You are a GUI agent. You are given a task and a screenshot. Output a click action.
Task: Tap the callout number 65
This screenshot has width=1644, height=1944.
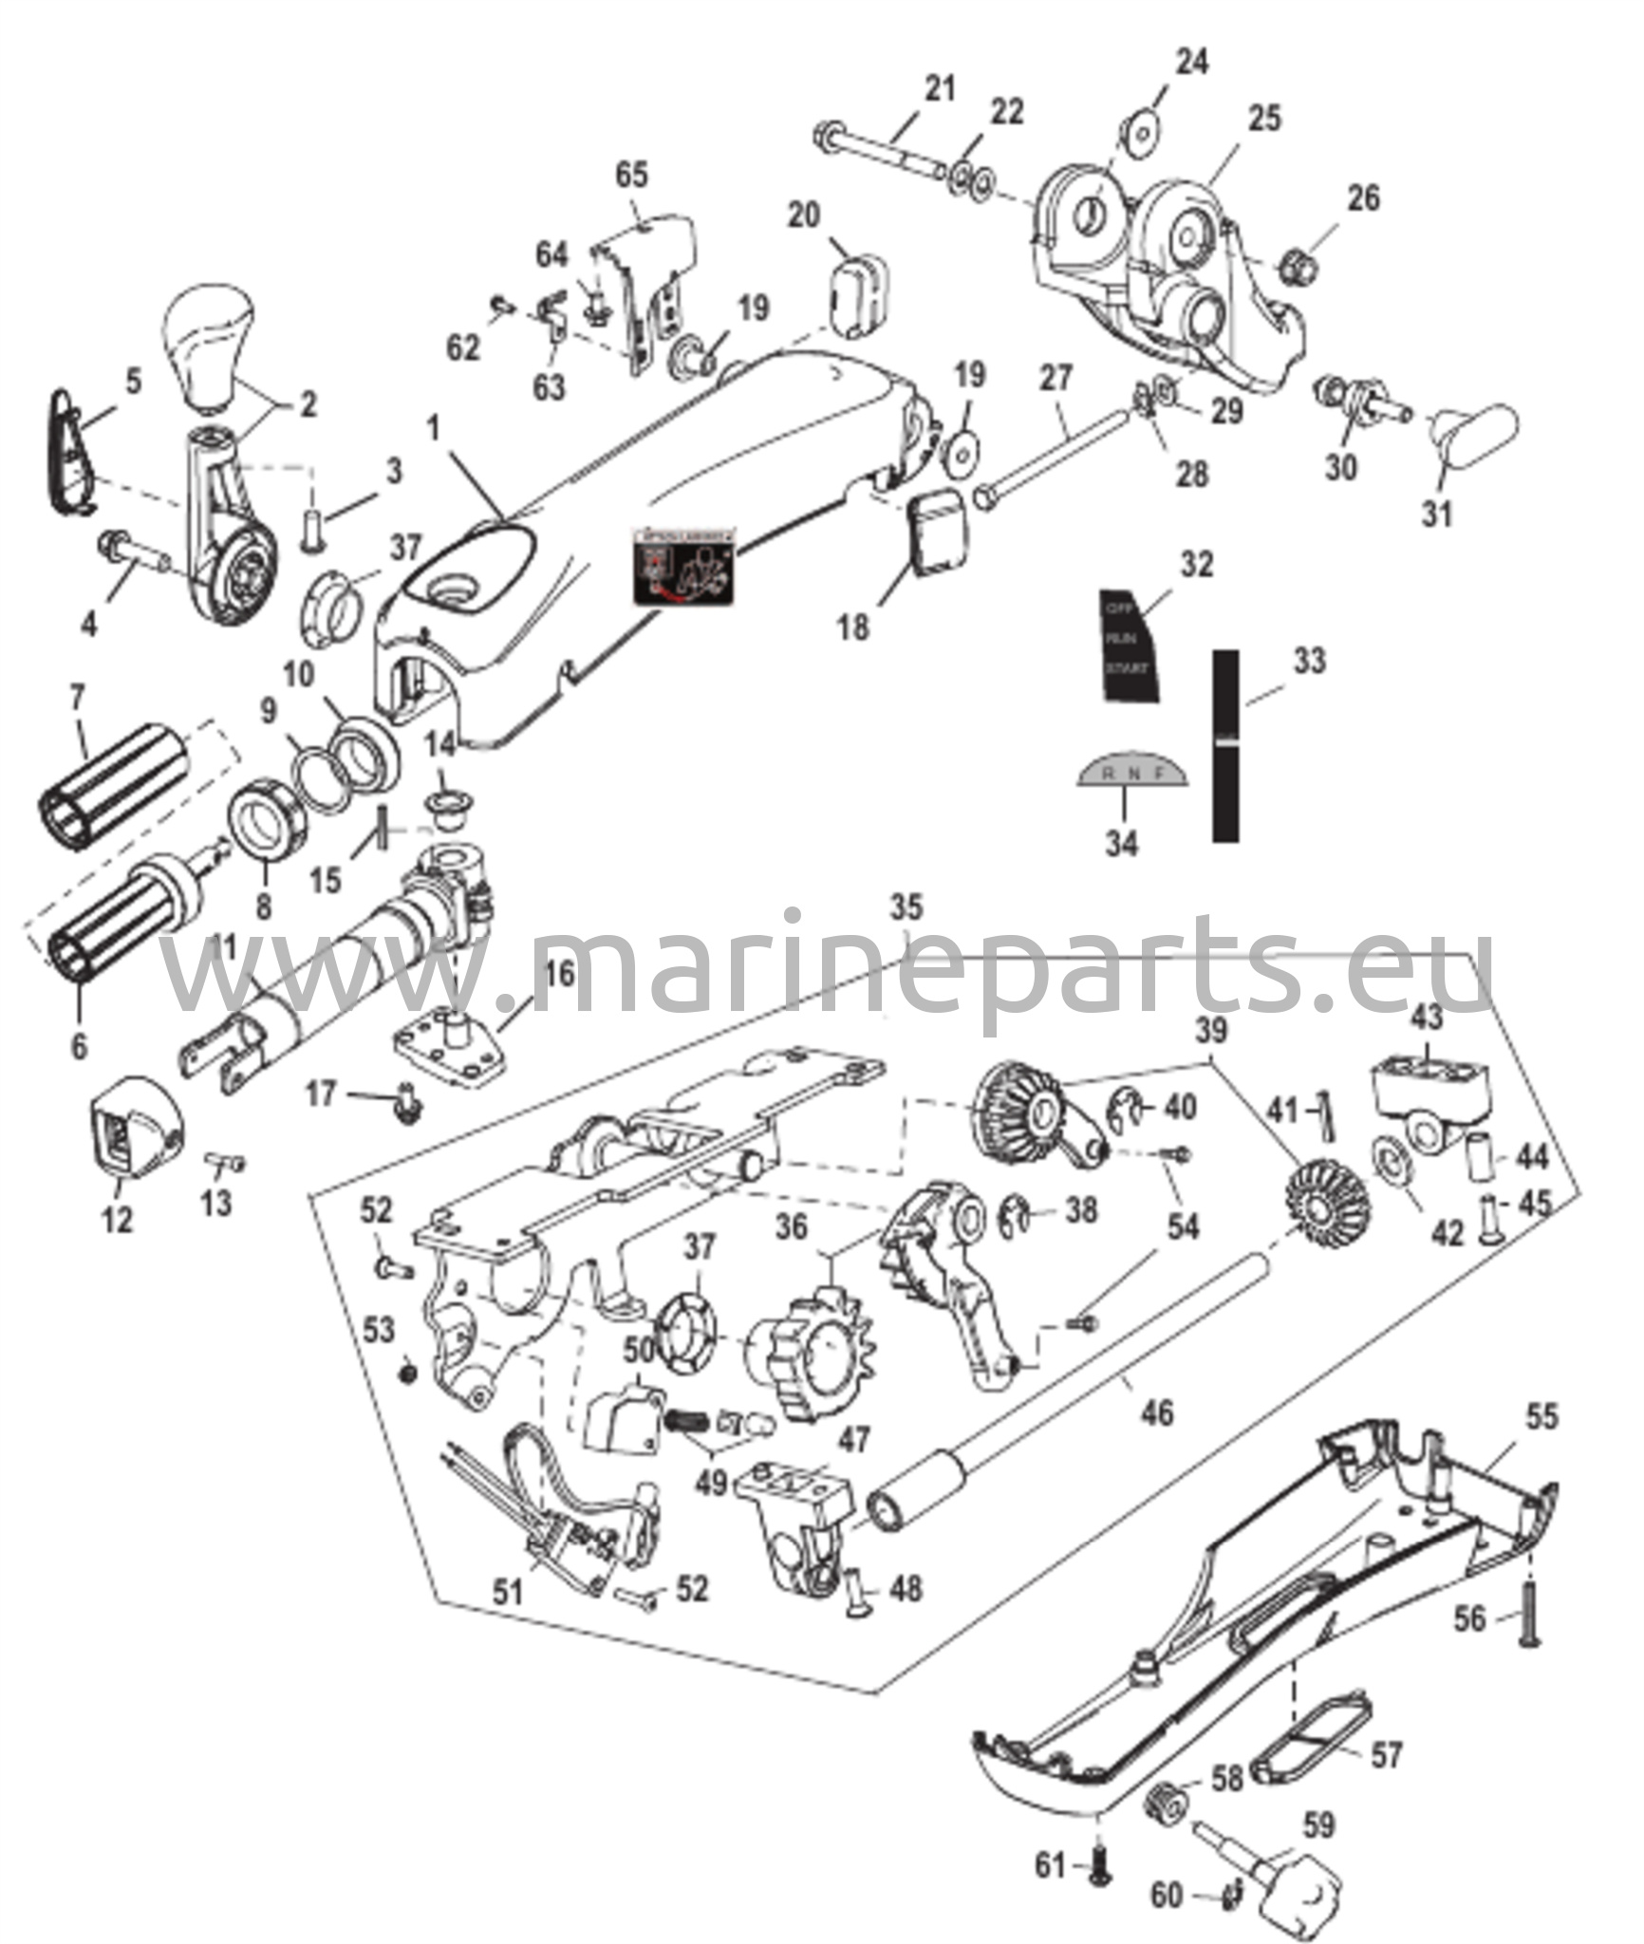[631, 175]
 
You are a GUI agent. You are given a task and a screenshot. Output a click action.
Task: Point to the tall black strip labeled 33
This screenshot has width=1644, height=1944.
[1226, 745]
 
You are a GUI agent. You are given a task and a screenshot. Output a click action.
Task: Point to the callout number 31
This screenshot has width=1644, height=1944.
[1437, 514]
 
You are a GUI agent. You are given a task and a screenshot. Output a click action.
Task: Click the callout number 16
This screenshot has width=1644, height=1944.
[559, 974]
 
